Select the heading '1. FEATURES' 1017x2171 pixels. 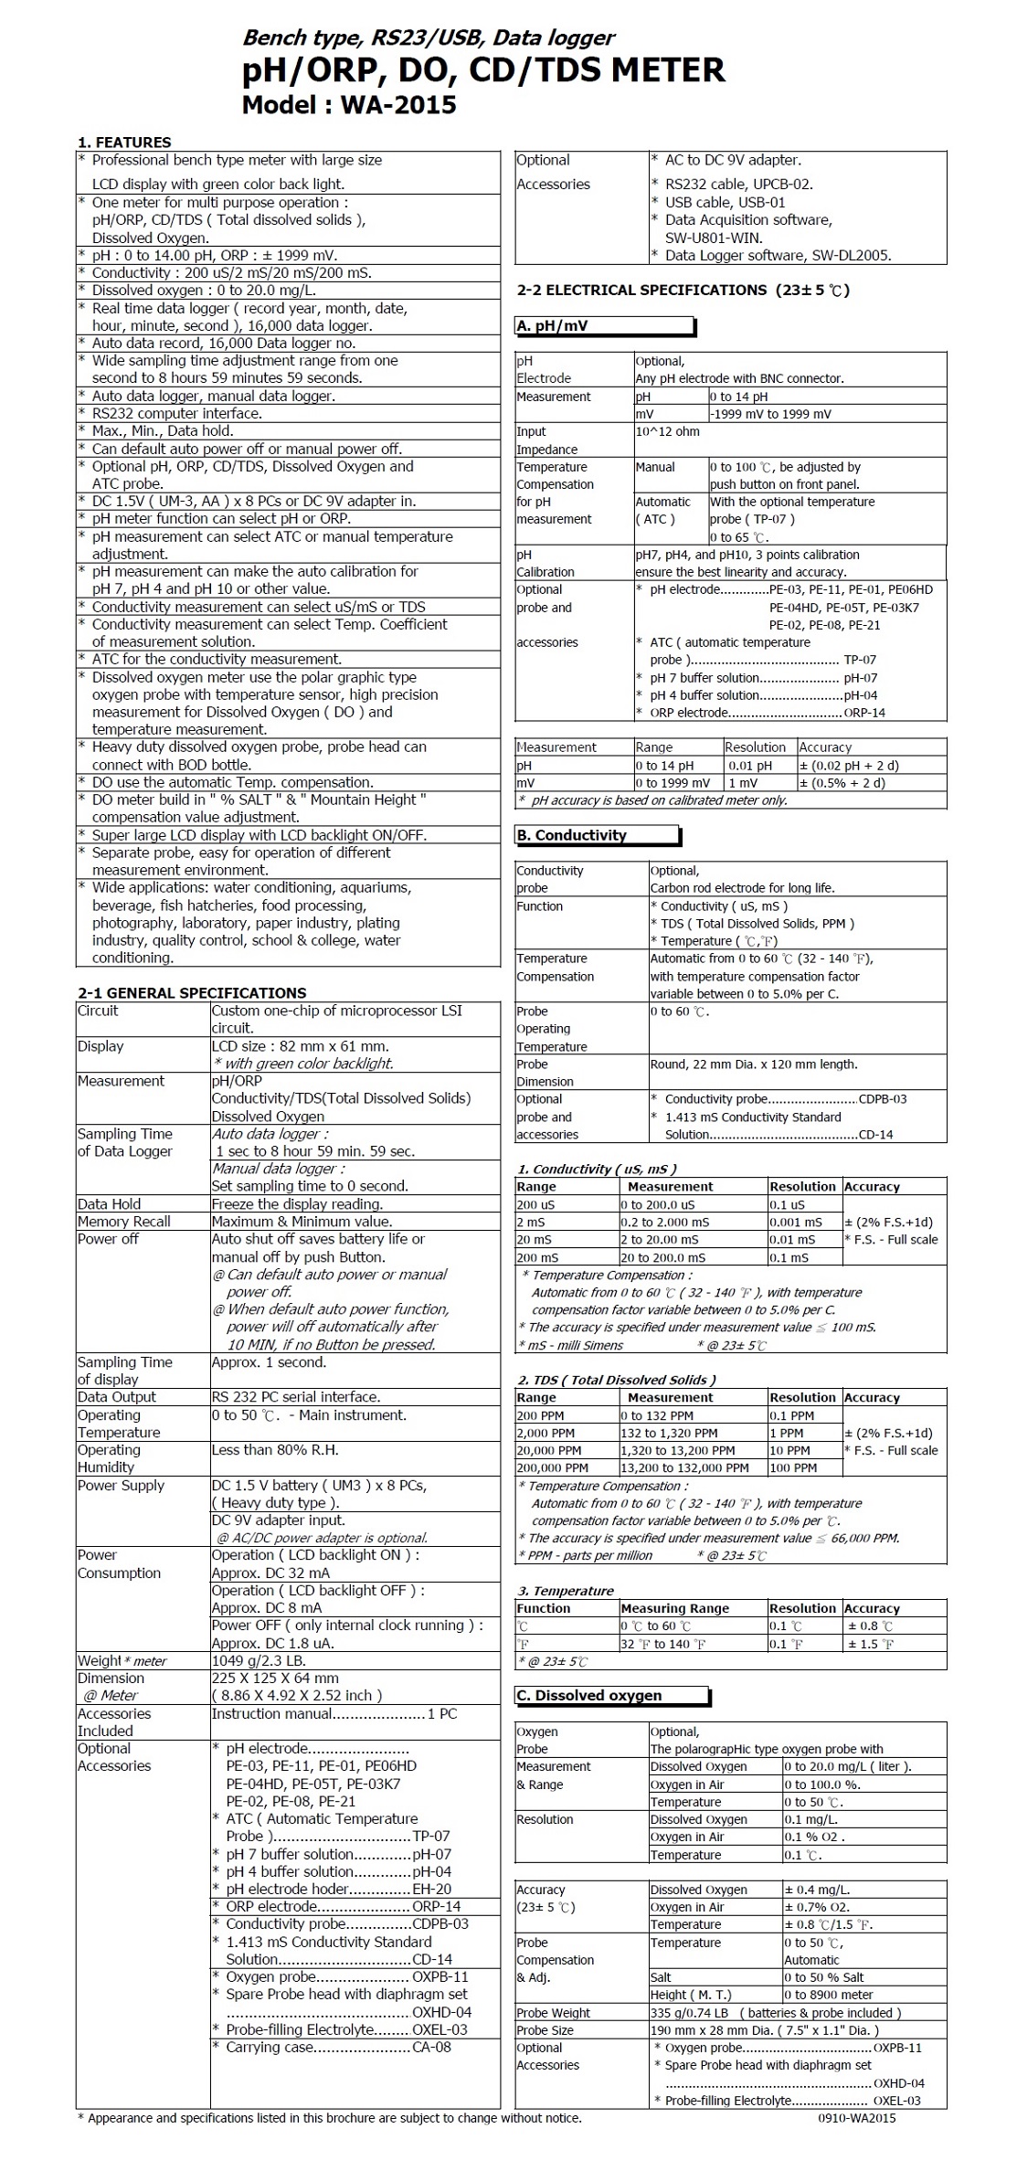click(124, 143)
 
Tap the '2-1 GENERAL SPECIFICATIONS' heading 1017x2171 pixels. click(192, 993)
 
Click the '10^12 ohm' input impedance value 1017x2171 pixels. click(667, 431)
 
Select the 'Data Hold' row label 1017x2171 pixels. click(109, 1204)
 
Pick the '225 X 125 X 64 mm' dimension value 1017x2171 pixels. click(275, 1679)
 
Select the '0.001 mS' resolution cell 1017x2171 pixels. click(796, 1223)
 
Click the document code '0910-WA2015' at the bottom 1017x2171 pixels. click(856, 2118)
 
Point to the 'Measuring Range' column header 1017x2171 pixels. click(674, 1608)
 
